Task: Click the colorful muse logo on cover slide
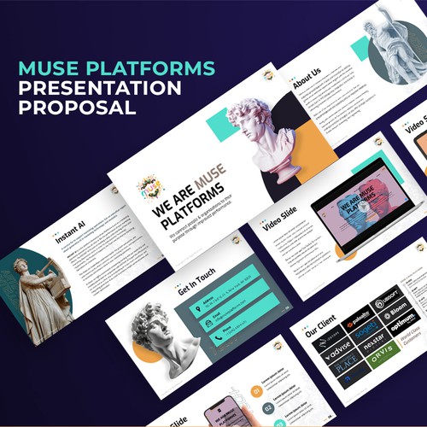tap(153, 186)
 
